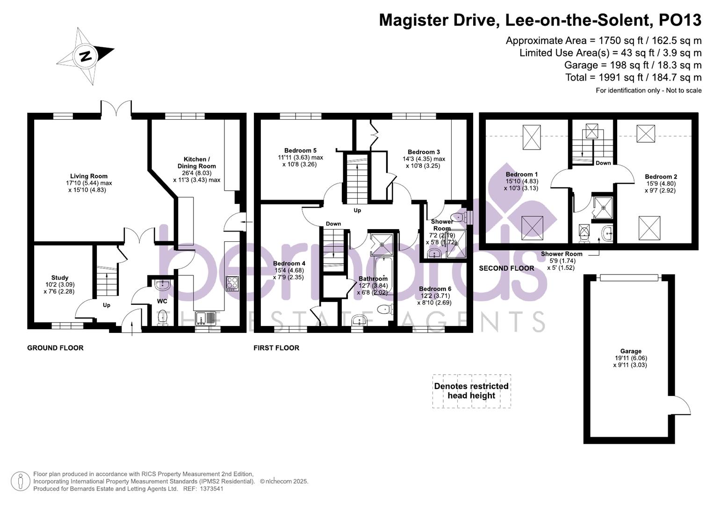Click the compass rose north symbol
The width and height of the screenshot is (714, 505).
pyautogui.click(x=85, y=56)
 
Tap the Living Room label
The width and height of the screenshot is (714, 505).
pyautogui.click(x=89, y=176)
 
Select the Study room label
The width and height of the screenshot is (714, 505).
pyautogui.click(x=60, y=278)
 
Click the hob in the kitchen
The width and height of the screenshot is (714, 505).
pyautogui.click(x=232, y=284)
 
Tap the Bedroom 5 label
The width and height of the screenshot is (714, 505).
pyautogui.click(x=300, y=151)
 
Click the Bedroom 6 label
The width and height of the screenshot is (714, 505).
pyautogui.click(x=435, y=289)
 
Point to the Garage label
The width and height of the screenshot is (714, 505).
pyautogui.click(x=630, y=351)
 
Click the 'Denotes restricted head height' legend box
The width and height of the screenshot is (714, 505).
pyautogui.click(x=471, y=391)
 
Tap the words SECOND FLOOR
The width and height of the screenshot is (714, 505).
pyautogui.click(x=506, y=268)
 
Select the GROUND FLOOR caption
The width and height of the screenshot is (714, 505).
pyautogui.click(x=55, y=348)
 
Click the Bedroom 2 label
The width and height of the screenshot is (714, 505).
pyautogui.click(x=661, y=177)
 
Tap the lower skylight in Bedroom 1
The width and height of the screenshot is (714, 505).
pyautogui.click(x=532, y=228)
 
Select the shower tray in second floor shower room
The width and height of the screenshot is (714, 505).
pyautogui.click(x=603, y=208)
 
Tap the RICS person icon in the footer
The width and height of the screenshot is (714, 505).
pyautogui.click(x=20, y=481)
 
